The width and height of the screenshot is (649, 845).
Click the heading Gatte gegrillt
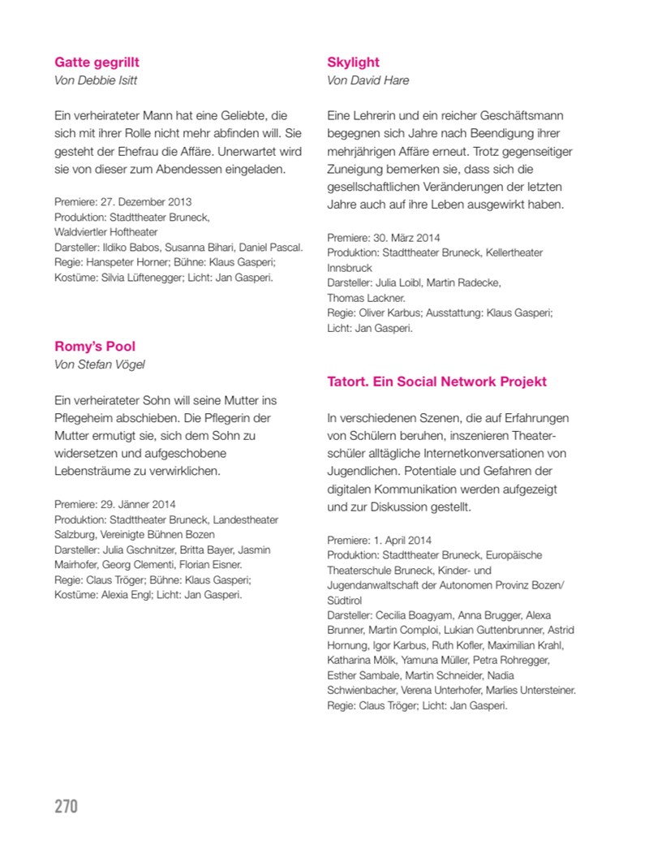pyautogui.click(x=97, y=63)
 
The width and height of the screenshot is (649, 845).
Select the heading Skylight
pyautogui.click(x=353, y=63)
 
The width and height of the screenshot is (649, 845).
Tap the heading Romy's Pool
pyautogui.click(x=95, y=347)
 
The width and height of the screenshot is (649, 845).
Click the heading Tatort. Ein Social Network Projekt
pyautogui.click(x=436, y=382)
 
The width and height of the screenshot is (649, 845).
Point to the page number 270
pyautogui.click(x=66, y=806)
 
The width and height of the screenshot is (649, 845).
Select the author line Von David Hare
pyautogui.click(x=367, y=80)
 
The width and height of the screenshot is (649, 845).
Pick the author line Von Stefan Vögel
pyautogui.click(x=99, y=364)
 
